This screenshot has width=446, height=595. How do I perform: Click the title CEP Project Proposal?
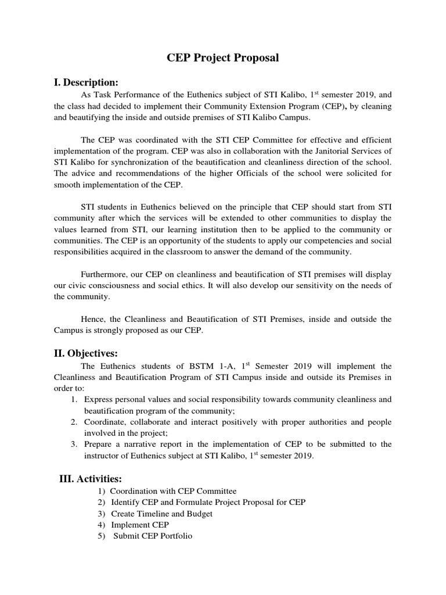223,58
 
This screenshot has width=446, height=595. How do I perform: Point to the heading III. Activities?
91,479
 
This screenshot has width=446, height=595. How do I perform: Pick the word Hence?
93,319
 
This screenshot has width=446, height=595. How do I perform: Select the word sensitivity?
308,285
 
